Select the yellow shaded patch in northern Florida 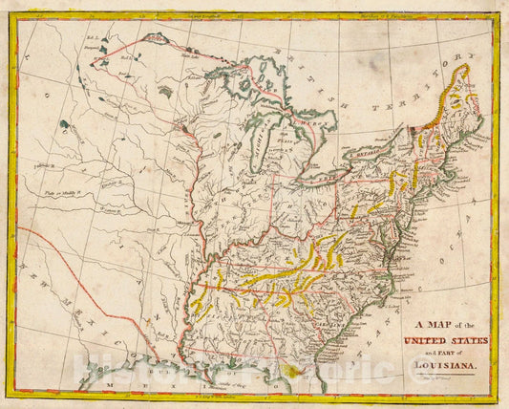coord(303,367)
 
